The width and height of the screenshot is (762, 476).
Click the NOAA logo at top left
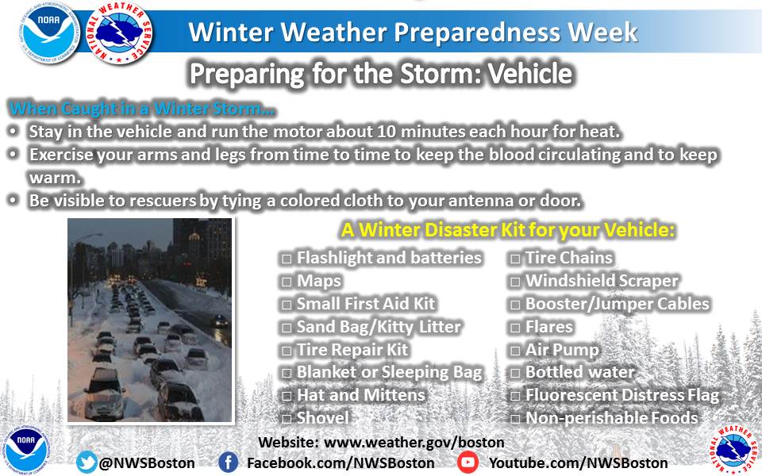49,33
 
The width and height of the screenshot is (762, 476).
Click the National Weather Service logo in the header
120,33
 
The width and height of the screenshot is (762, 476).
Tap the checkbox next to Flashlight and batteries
287,259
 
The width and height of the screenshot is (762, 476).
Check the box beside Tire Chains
515,259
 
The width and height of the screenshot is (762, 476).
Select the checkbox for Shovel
287,418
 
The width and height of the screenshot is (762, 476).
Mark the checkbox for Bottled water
515,373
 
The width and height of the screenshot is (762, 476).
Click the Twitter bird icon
87,462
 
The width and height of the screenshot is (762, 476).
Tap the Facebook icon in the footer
228,462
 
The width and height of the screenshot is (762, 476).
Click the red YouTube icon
468,462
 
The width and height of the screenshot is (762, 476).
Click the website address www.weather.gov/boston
414,443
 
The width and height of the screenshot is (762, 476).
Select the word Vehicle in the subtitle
529,74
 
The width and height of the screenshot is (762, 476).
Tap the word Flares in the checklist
549,327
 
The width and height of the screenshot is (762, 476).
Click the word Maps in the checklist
319,281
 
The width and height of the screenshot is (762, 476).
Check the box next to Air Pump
515,350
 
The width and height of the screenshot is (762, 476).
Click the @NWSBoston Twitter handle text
147,463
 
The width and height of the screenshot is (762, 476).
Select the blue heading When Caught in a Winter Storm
142,109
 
